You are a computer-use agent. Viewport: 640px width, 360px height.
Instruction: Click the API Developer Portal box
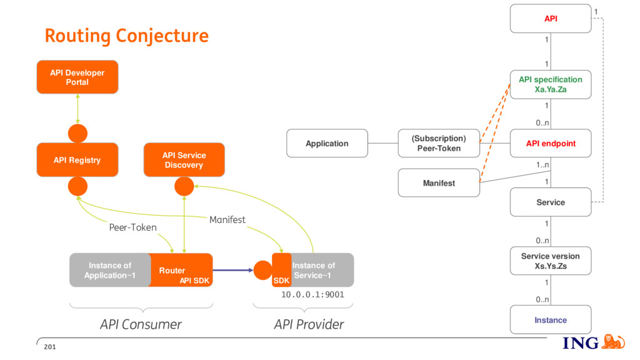(77, 77)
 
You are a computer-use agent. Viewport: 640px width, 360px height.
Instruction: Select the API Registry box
(77, 159)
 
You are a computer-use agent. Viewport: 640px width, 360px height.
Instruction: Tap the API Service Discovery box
(184, 159)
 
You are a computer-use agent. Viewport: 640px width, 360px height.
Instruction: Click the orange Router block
(180, 270)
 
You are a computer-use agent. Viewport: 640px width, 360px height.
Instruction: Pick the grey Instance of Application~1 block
(109, 270)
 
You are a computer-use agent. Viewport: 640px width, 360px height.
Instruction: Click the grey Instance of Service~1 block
(322, 270)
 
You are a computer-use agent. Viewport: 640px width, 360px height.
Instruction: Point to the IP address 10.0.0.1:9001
(312, 295)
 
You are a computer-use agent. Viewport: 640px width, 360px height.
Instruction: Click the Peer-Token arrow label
(132, 227)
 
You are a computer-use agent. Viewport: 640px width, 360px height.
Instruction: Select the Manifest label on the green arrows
(227, 219)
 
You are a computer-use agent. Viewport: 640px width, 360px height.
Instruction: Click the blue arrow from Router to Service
(232, 270)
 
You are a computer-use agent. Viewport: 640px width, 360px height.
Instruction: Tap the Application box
(327, 143)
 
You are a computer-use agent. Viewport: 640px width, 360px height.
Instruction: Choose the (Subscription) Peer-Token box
(439, 143)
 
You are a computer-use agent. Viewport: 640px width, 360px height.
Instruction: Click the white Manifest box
(439, 183)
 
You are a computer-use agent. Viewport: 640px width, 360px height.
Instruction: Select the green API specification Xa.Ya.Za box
(551, 84)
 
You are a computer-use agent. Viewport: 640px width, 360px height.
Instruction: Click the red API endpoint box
(551, 143)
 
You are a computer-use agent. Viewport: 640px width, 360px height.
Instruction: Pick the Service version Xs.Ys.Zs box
(551, 261)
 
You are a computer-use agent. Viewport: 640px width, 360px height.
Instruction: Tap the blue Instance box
(551, 319)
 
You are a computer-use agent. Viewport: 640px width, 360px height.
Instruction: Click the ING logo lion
(613, 342)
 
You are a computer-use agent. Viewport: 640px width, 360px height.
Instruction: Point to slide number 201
(50, 347)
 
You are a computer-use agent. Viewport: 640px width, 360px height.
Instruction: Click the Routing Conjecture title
(126, 36)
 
